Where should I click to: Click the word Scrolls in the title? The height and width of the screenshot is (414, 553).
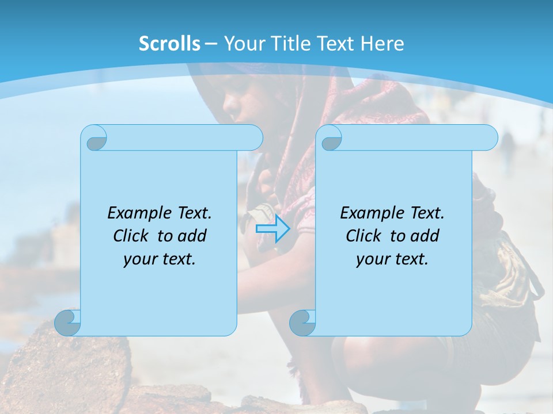click(x=169, y=44)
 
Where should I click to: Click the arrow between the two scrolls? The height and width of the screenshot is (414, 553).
click(x=272, y=229)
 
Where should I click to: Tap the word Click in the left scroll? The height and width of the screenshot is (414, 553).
click(x=130, y=236)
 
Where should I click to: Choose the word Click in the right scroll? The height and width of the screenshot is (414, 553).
click(x=362, y=236)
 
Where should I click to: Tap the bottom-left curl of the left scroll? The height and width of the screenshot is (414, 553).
click(x=68, y=322)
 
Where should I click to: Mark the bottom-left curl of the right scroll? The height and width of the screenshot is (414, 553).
click(x=302, y=322)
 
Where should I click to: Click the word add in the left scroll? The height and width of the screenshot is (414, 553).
click(x=192, y=236)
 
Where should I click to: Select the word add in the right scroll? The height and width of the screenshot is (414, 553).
click(x=425, y=236)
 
